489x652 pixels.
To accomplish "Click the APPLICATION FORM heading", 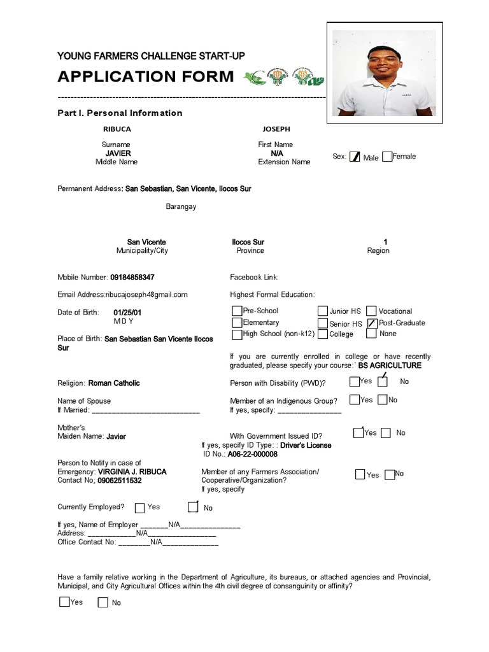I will point(146,77).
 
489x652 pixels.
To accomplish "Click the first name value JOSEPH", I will point(275,129).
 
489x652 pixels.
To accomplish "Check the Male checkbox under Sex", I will point(355,157).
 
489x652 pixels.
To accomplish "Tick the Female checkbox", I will point(387,157).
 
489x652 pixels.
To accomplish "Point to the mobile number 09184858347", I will point(132,278).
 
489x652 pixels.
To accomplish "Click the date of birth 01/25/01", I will point(127,313).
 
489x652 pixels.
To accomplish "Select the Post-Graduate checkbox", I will point(372,323).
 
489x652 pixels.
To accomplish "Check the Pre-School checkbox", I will point(237,311).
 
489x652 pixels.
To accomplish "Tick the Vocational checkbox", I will point(372,311).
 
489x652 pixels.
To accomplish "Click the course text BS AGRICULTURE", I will point(390,366).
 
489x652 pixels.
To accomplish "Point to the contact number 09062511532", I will point(120,481).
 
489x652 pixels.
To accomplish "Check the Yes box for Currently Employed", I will point(139,507).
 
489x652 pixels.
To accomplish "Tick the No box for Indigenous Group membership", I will point(382,400).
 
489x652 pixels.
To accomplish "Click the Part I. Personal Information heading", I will point(120,113).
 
